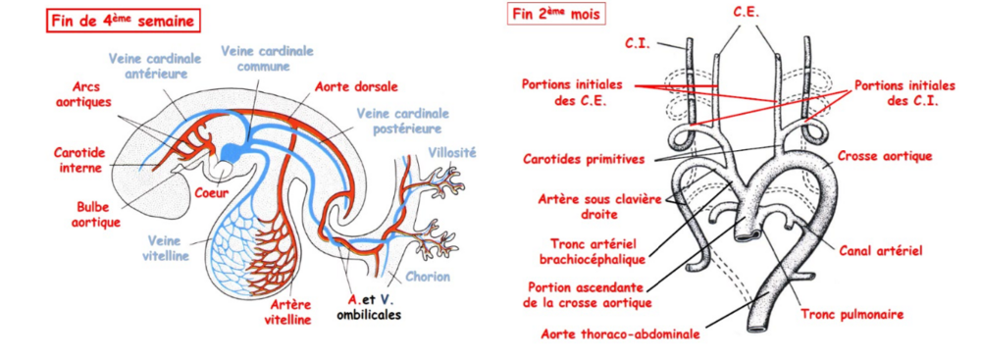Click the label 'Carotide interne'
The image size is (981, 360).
(x=80, y=159)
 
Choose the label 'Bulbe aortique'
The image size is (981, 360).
(x=98, y=216)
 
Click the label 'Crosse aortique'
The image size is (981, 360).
(x=886, y=156)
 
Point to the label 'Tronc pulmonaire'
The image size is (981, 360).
(x=850, y=314)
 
